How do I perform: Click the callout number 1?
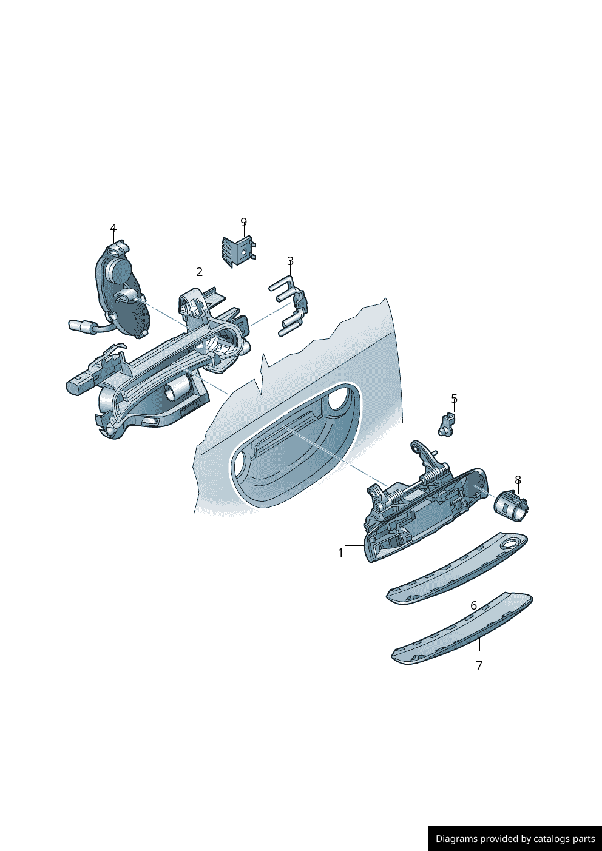[x=340, y=553]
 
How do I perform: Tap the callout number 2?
[x=199, y=272]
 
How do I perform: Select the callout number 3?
[x=290, y=261]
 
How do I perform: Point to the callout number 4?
[x=113, y=229]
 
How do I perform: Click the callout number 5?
[x=454, y=399]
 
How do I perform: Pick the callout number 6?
[x=473, y=605]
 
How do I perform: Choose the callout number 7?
[x=479, y=665]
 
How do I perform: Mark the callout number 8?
[x=518, y=480]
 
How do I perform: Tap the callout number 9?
[x=243, y=223]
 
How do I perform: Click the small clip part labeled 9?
[x=238, y=251]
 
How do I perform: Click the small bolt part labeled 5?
[x=446, y=425]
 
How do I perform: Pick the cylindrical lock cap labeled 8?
[x=512, y=505]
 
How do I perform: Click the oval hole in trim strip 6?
[x=511, y=543]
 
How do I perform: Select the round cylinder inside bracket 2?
[x=177, y=388]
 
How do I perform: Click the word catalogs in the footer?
[x=551, y=839]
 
